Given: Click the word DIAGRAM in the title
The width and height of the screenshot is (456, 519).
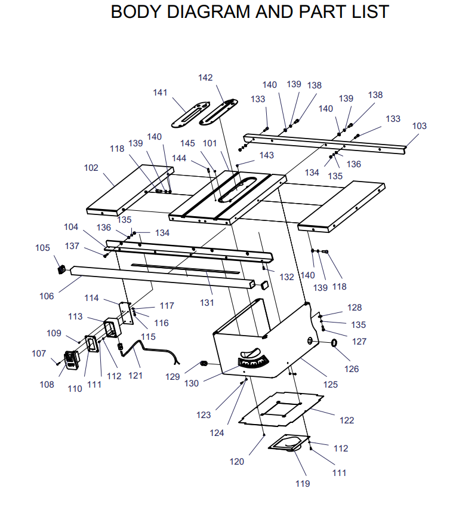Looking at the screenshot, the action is coord(209,12).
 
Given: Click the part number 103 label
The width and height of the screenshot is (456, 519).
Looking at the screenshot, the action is coord(420,126).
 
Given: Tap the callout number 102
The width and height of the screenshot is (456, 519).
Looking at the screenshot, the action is coord(91,168).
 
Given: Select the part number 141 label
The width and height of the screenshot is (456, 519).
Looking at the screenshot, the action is coord(160,93).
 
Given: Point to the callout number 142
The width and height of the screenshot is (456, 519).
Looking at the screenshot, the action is coord(205,78).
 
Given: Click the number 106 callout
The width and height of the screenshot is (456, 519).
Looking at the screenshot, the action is coord(47,296).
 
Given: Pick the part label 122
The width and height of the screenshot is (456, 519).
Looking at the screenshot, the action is coord(347,420).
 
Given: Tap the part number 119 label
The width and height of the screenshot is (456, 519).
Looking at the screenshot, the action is coord(303,484).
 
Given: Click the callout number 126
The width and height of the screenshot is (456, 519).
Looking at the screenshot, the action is coord(352,368).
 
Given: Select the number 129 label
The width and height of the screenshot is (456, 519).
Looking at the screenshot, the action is coord(172,377).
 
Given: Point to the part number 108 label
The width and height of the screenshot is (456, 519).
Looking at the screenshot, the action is coord(47,384).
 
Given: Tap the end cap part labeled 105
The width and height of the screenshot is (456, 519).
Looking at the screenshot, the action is coord(61,270).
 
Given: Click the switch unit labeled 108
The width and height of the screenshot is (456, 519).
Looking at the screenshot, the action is coord(72,360).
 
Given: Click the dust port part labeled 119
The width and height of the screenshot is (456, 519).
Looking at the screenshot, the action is coord(289,443).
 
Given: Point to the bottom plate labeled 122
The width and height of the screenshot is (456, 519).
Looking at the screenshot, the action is coord(281,409).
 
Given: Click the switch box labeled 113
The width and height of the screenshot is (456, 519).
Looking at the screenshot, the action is coord(113,327).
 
